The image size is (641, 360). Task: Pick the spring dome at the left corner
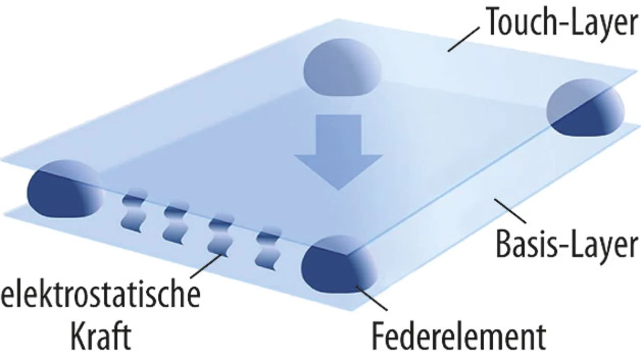point(63,190)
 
